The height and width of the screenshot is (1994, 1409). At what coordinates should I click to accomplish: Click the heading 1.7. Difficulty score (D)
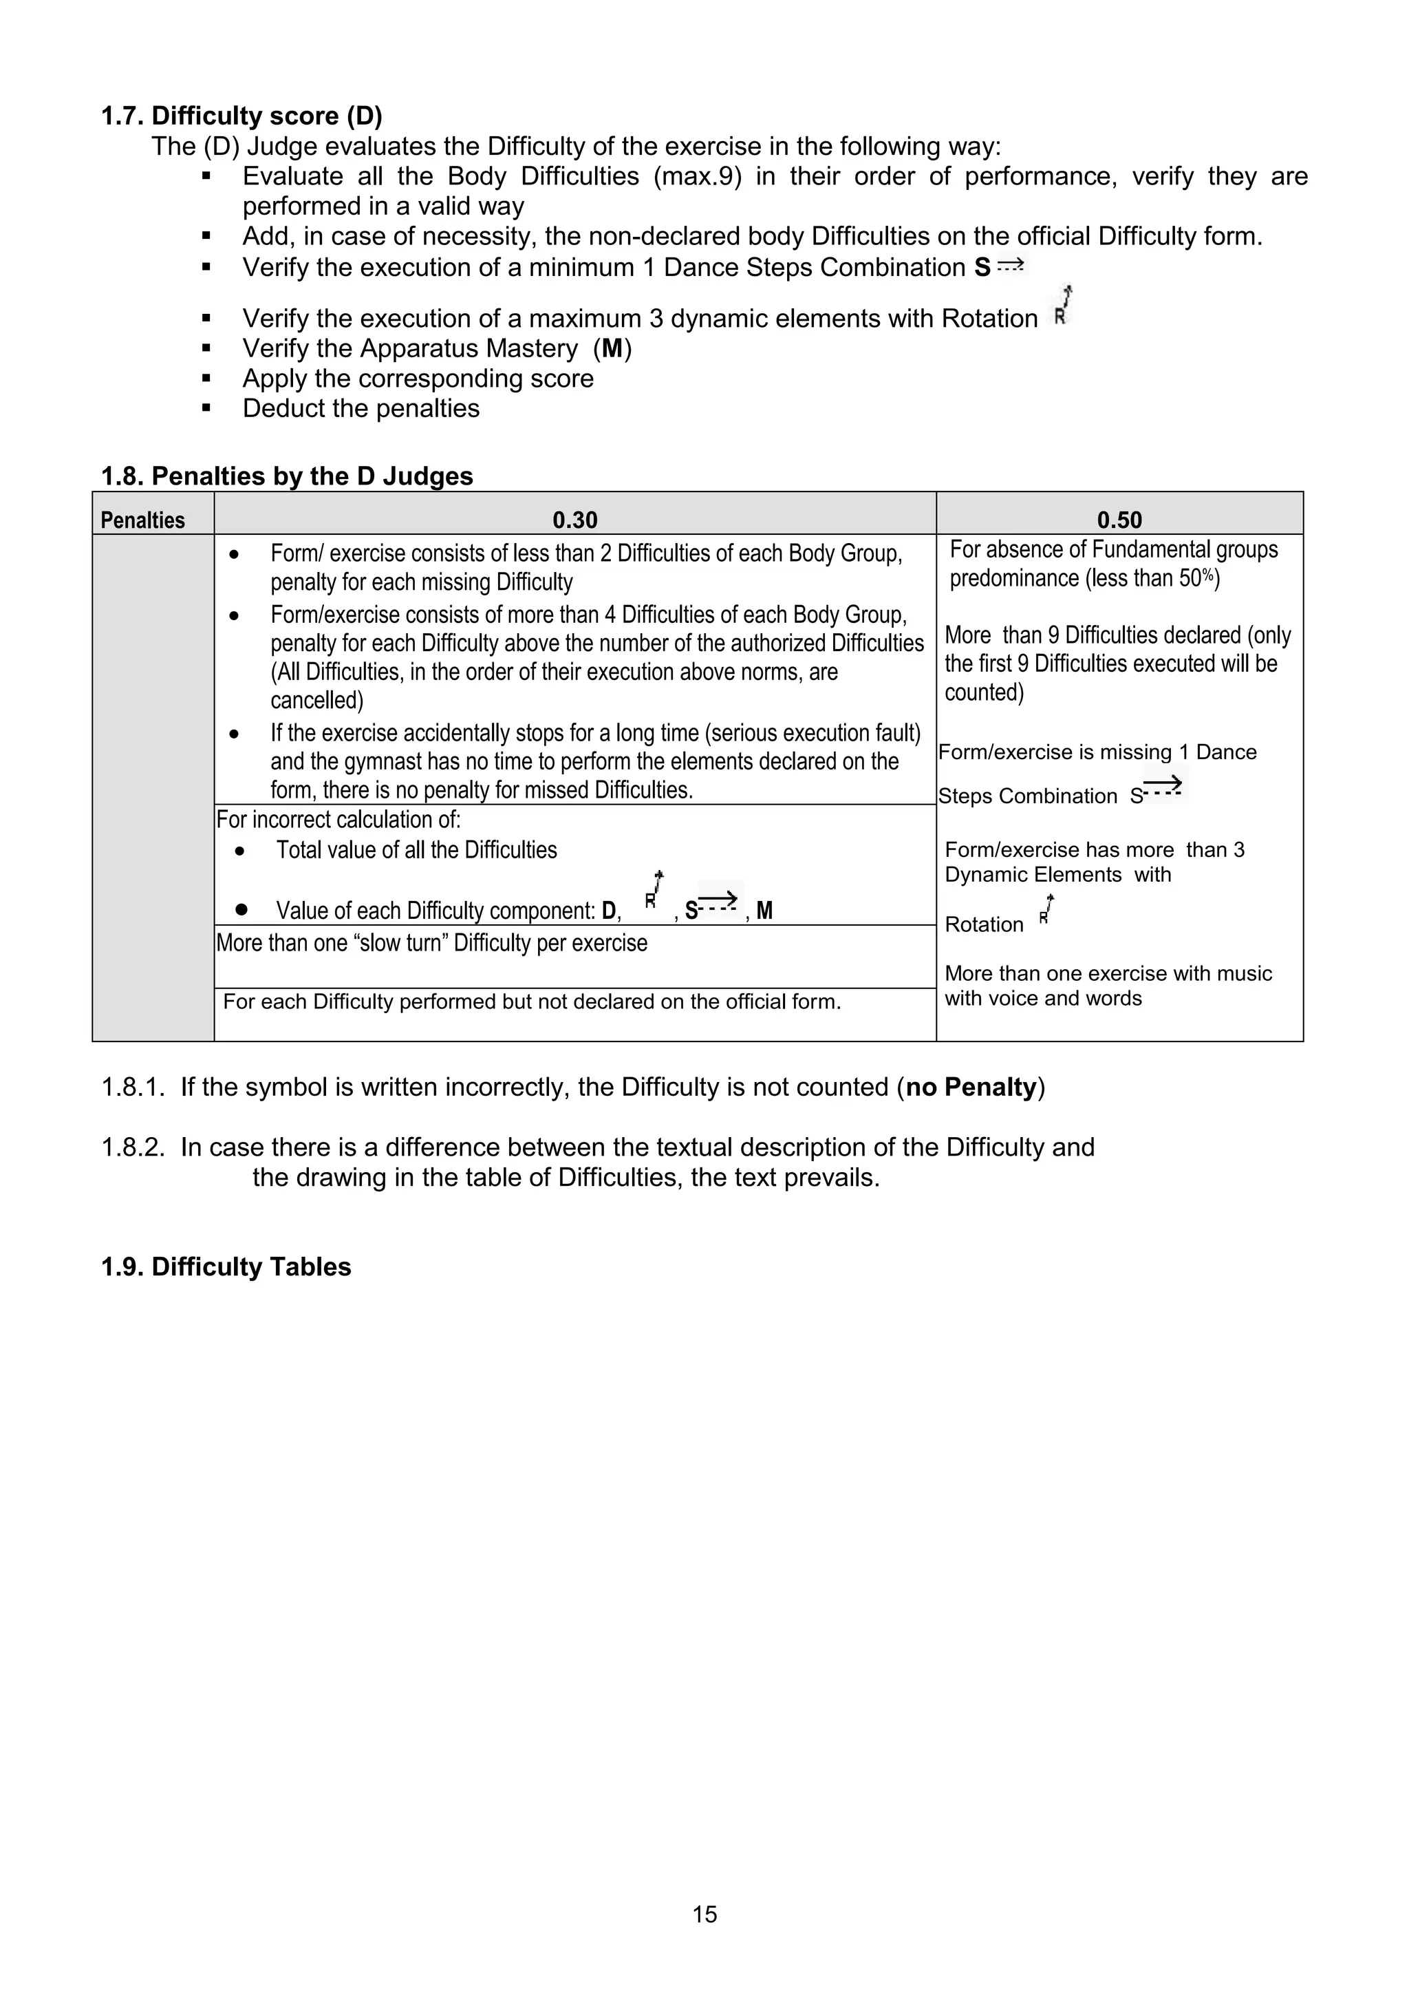(241, 116)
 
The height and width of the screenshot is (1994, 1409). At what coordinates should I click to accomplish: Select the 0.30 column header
(574, 520)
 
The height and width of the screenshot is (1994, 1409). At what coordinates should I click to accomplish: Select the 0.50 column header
(1119, 520)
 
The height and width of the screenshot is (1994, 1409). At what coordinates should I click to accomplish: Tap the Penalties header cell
(143, 520)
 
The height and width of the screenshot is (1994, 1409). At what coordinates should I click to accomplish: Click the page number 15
(704, 1914)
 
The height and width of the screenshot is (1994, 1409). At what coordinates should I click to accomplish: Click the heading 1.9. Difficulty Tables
(226, 1266)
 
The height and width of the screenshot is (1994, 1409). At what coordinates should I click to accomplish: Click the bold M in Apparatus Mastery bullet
(612, 348)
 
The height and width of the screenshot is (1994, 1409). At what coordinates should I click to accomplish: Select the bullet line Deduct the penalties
(361, 408)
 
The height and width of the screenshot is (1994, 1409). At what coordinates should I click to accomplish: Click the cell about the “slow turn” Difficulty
(431, 943)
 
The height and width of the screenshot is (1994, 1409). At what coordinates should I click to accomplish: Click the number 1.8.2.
(133, 1147)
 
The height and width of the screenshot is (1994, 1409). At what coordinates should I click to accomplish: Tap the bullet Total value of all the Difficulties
(416, 849)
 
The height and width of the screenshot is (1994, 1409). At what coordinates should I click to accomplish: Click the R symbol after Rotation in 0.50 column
(1047, 912)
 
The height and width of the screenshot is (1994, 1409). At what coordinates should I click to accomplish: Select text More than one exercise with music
(1108, 973)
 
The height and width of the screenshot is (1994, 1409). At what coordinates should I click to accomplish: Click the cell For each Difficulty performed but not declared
(531, 1002)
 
